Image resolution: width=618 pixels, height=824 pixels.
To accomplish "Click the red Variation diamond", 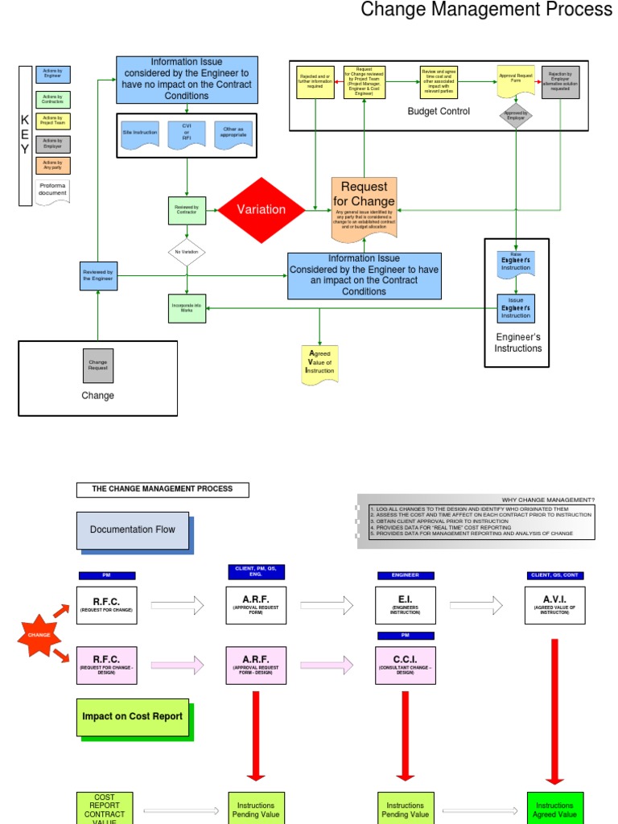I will point(262,209).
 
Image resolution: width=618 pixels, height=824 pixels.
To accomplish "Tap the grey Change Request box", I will point(97,365).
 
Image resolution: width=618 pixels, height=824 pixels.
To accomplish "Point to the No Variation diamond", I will point(187,252).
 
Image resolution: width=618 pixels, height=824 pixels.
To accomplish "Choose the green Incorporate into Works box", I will point(187,307).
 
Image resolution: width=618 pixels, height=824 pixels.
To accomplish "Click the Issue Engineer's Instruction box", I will point(516,307).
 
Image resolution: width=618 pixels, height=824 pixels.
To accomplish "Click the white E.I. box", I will point(406,605).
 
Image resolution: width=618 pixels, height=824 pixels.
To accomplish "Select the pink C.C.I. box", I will point(406,664).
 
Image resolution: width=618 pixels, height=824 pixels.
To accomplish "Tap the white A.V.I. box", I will point(554,605).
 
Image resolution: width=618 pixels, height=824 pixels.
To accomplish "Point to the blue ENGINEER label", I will point(406,575).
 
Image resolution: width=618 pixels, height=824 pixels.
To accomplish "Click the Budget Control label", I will point(439,111).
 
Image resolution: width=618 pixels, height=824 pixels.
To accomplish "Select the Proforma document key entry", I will point(53,192).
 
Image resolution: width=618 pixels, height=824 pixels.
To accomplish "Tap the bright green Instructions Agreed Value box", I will point(554,808).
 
